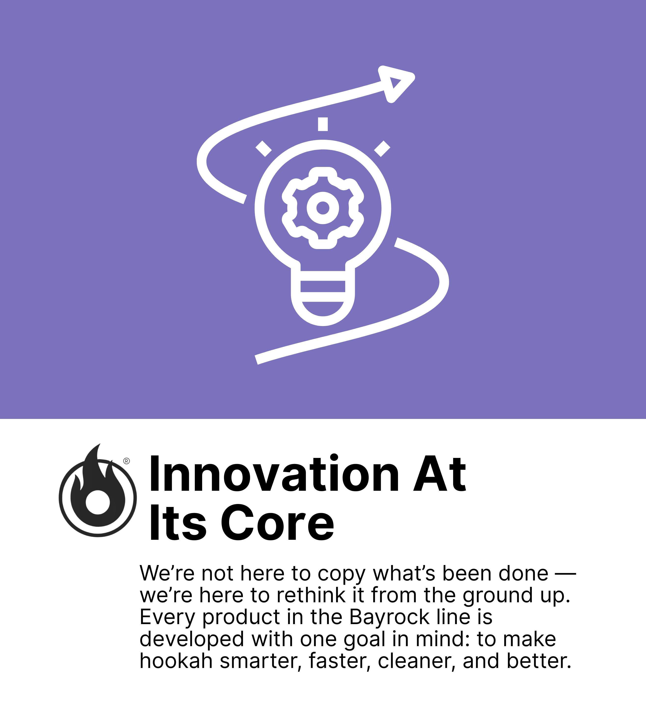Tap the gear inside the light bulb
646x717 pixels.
point(323,208)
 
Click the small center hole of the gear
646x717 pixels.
point(323,208)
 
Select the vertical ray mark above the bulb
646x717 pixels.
point(323,124)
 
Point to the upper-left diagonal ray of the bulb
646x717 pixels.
point(263,149)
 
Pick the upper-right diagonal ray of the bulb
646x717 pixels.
point(382,149)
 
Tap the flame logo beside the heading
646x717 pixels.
point(98,490)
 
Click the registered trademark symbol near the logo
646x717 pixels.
point(126,461)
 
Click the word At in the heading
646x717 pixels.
point(439,475)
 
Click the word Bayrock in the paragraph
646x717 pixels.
point(389,617)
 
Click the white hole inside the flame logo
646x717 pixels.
point(98,502)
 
